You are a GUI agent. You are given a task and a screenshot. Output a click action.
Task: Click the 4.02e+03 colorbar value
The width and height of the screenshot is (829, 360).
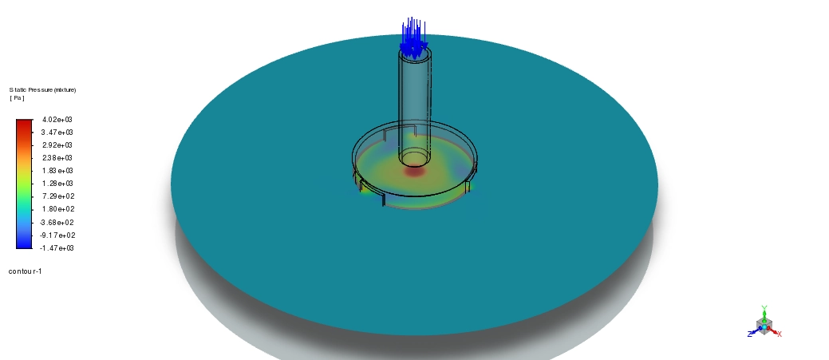pyautogui.click(x=57, y=120)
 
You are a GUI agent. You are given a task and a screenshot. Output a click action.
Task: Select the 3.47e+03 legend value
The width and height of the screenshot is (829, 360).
pyautogui.click(x=57, y=133)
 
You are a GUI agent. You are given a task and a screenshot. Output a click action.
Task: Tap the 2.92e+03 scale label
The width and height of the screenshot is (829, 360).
pyautogui.click(x=57, y=144)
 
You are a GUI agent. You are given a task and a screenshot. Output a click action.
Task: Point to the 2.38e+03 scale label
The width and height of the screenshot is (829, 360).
pyautogui.click(x=57, y=157)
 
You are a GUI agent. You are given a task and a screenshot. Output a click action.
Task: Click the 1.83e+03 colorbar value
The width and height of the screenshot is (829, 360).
pyautogui.click(x=57, y=171)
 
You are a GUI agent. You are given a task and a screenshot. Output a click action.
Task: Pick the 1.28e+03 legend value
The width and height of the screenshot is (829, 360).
pyautogui.click(x=57, y=184)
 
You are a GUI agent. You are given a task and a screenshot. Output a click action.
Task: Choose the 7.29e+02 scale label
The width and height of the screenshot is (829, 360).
pyautogui.click(x=58, y=196)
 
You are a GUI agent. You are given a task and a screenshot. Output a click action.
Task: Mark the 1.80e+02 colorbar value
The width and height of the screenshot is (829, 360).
pyautogui.click(x=58, y=209)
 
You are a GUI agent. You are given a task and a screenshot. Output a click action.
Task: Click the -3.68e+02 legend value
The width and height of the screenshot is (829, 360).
pyautogui.click(x=57, y=223)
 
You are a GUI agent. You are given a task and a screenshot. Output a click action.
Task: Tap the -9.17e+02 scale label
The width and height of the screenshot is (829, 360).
pyautogui.click(x=57, y=235)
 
